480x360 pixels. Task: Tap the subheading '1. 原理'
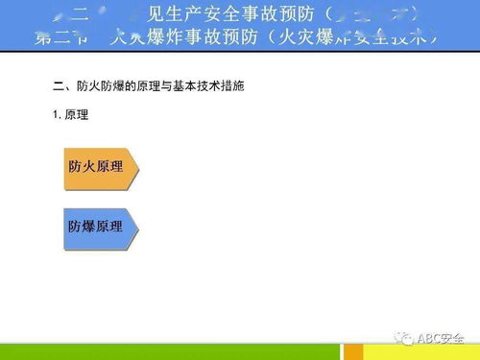(70, 114)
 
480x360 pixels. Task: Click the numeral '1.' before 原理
(58, 114)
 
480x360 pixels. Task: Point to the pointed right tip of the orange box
(137, 166)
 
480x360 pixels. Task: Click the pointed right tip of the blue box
(137, 227)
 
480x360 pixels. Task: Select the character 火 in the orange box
(88, 166)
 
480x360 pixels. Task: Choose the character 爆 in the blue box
(88, 227)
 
